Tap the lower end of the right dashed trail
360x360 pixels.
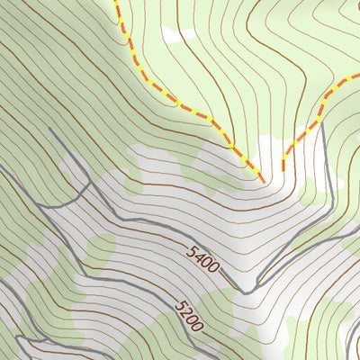coord(283,170)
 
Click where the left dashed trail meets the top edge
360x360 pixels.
coord(116,1)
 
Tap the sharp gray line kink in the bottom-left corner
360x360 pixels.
coord(20,337)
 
